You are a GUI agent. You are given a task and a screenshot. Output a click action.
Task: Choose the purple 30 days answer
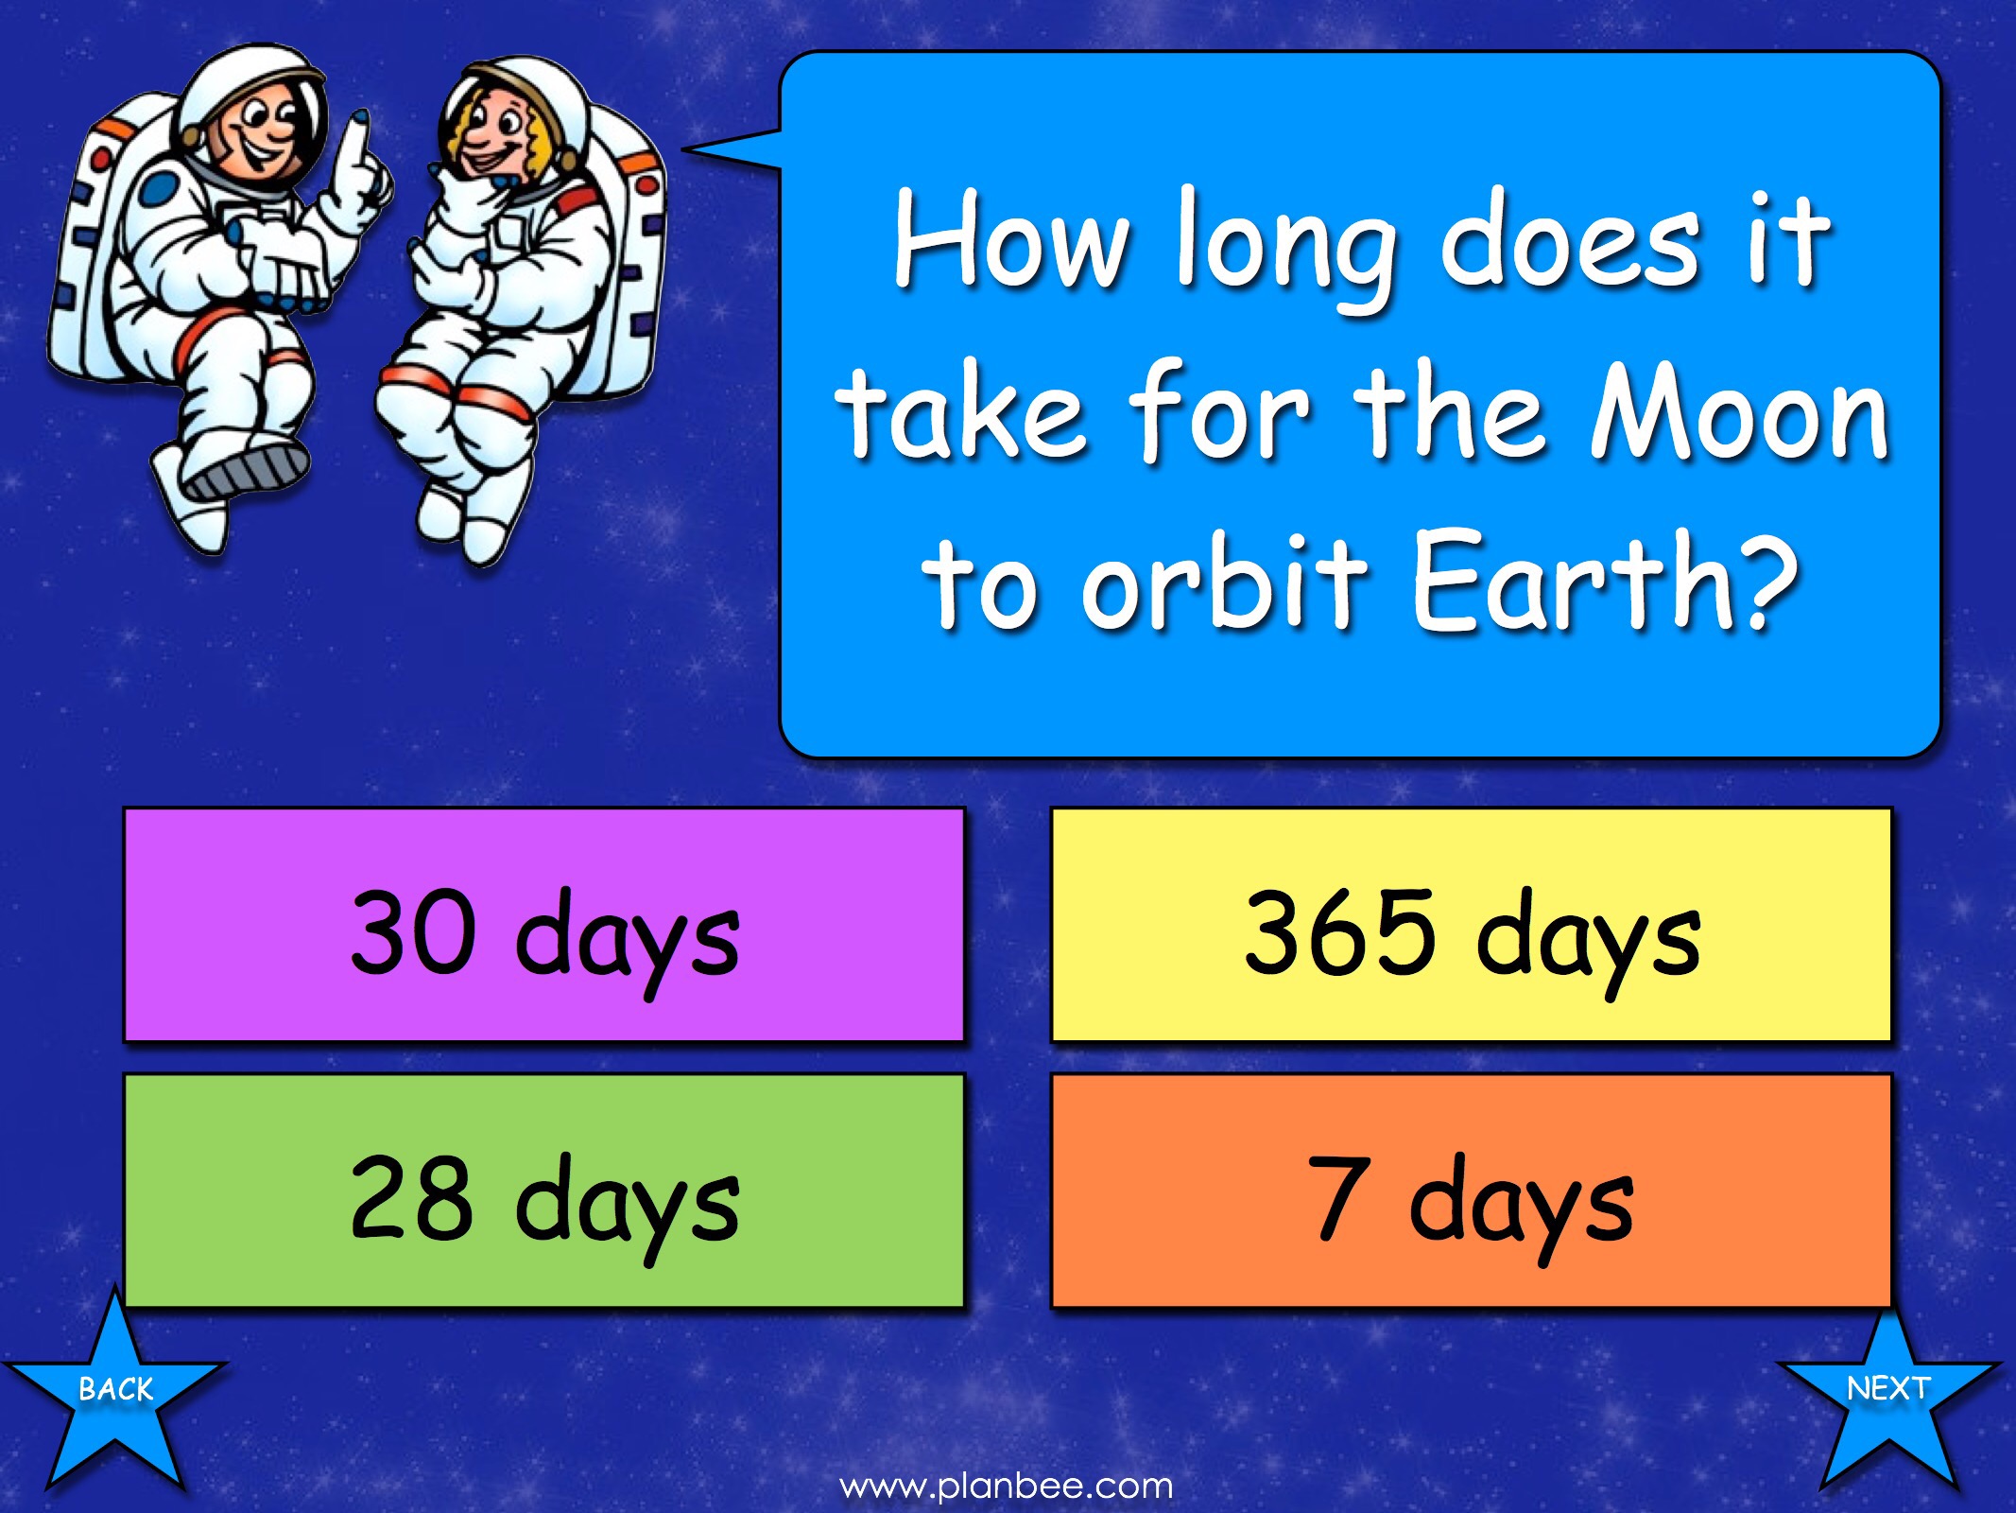(543, 924)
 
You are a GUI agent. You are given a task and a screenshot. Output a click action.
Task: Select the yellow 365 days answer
(1472, 924)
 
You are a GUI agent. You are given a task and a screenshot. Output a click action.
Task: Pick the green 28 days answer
(543, 1191)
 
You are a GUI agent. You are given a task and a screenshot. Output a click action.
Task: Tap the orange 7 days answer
(1472, 1191)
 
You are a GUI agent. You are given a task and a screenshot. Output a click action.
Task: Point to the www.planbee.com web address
(1007, 1486)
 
